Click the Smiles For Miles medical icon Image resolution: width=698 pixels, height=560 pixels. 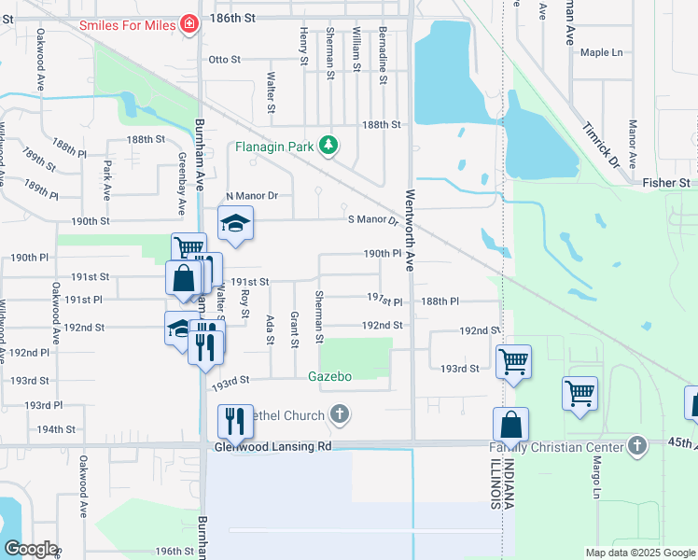pyautogui.click(x=190, y=24)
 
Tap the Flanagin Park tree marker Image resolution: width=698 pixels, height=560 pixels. pyautogui.click(x=328, y=146)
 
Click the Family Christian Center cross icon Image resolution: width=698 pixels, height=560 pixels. pyautogui.click(x=637, y=446)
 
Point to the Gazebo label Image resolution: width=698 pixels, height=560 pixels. pyautogui.click(x=329, y=376)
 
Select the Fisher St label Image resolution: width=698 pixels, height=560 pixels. pyautogui.click(x=670, y=183)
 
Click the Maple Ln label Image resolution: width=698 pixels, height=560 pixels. pyautogui.click(x=601, y=52)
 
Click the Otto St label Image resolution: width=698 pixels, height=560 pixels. pyautogui.click(x=225, y=60)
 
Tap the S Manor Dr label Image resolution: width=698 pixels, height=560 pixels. pyautogui.click(x=372, y=220)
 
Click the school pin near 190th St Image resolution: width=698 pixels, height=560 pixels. pyautogui.click(x=236, y=224)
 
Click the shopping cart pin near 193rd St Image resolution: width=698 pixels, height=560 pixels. pyautogui.click(x=513, y=360)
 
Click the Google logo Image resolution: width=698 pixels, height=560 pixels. pyautogui.click(x=31, y=549)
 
